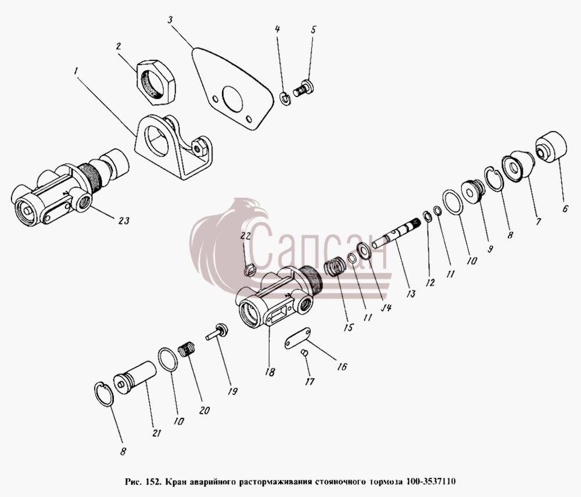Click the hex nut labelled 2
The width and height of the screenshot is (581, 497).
156,83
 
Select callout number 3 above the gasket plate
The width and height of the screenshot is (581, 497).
170,20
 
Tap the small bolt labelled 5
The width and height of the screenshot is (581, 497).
303,88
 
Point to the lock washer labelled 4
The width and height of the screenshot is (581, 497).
285,99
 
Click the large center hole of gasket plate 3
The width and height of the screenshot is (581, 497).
232,99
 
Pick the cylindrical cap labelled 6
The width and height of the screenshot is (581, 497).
551,146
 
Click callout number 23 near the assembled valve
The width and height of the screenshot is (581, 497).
124,220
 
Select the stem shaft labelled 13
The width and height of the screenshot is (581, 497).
396,233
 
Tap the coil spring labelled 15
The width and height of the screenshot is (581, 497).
335,267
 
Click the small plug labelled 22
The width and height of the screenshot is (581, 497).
250,270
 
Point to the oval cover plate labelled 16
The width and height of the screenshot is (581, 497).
297,338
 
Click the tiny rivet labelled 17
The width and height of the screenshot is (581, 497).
304,353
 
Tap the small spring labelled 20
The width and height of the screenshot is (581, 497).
187,349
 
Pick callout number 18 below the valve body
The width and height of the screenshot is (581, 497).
270,372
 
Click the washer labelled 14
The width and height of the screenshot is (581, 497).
364,252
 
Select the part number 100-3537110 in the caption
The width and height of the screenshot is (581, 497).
431,482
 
